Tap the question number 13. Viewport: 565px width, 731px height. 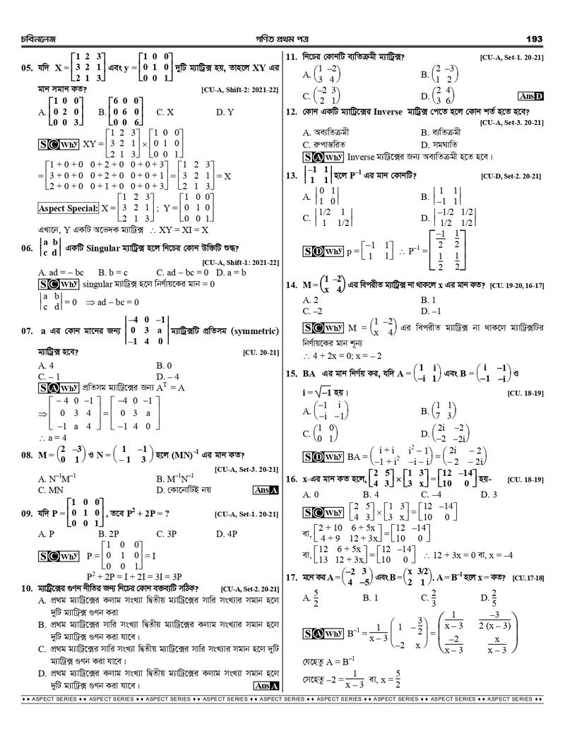(x=291, y=176)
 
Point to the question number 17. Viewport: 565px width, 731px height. (x=291, y=577)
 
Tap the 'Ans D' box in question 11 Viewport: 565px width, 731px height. (x=530, y=96)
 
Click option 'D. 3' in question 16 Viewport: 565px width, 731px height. (x=488, y=494)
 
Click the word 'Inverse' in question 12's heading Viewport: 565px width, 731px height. (x=385, y=112)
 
